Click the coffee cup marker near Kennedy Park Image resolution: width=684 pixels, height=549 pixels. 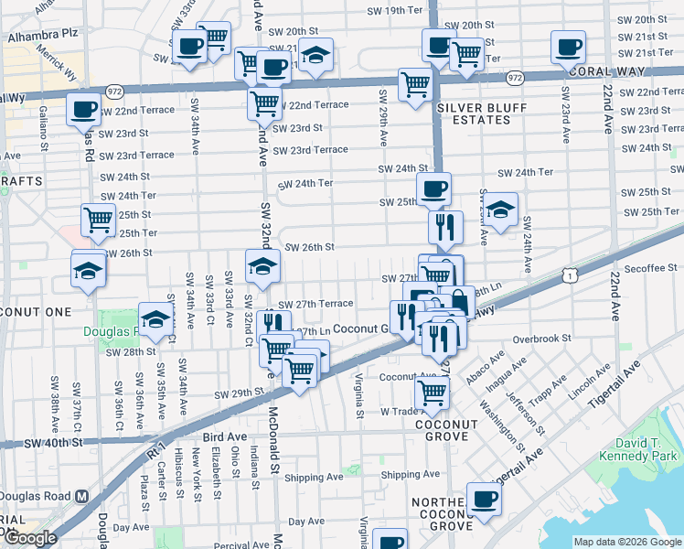coord(484,500)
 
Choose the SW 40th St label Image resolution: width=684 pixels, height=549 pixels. coord(53,443)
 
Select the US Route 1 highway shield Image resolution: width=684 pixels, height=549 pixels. coord(570,274)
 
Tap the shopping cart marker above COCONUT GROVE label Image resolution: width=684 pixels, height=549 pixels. coord(432,394)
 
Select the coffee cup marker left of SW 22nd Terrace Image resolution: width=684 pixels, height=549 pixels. coord(83,110)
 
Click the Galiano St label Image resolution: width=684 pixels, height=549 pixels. coord(43,127)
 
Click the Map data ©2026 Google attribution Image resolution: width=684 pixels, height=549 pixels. coord(627,542)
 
